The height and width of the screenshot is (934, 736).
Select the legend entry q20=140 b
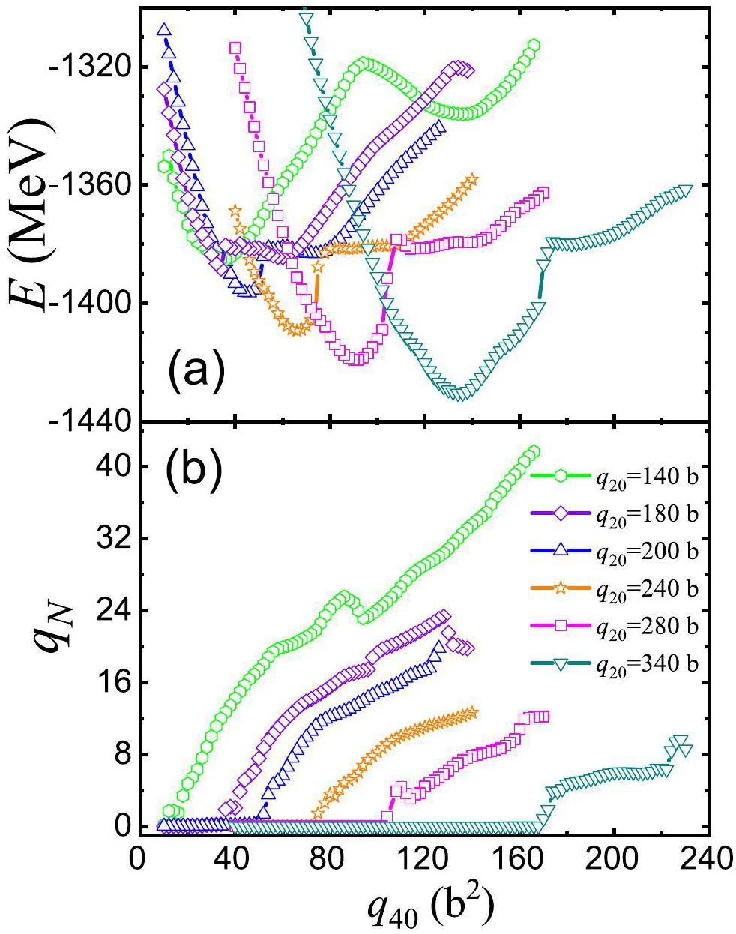tap(615, 476)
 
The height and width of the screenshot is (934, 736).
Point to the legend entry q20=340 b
tap(615, 663)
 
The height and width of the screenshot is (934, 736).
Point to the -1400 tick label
tap(87, 304)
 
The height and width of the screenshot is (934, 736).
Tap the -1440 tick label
tap(87, 421)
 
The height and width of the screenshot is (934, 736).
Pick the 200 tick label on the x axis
tap(615, 855)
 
